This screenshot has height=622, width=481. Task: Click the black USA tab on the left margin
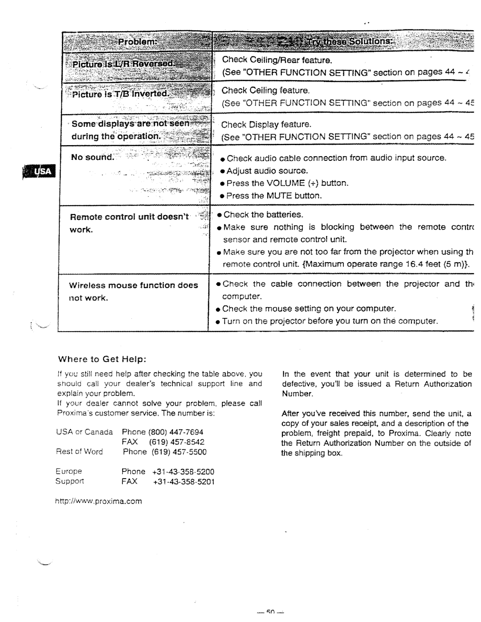(x=40, y=171)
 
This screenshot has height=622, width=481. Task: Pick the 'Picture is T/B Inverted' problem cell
(x=121, y=94)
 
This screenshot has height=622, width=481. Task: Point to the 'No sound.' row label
(x=93, y=157)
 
